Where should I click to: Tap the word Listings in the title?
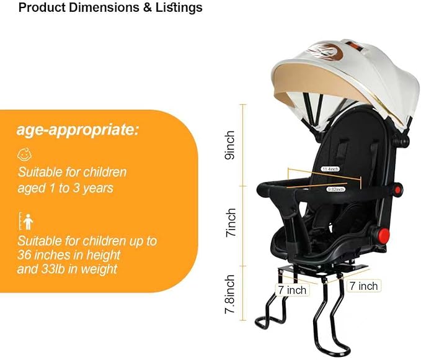pyautogui.click(x=179, y=8)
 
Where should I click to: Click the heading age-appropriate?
pyautogui.click(x=78, y=131)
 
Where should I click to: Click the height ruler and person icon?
pyautogui.click(x=25, y=220)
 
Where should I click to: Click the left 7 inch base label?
pyautogui.click(x=291, y=290)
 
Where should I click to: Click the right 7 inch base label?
pyautogui.click(x=363, y=286)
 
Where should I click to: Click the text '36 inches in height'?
pyautogui.click(x=69, y=254)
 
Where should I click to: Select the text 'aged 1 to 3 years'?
pyautogui.click(x=65, y=187)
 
